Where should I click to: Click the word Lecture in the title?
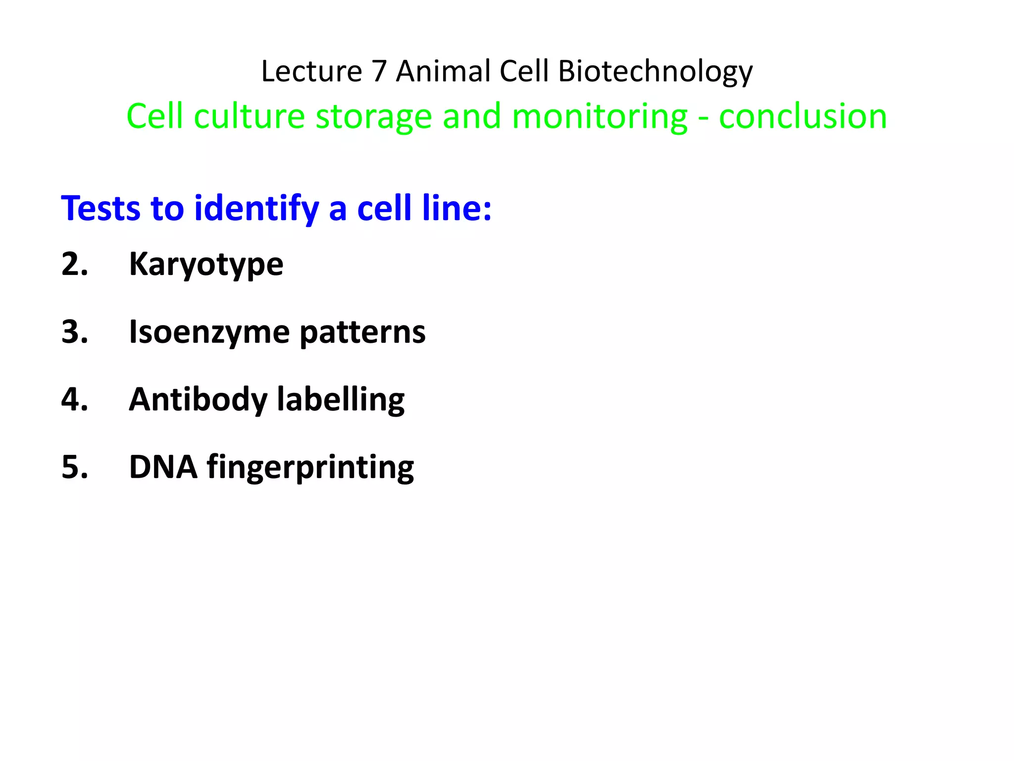(311, 71)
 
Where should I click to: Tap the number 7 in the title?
(379, 71)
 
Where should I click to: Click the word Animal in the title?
(443, 71)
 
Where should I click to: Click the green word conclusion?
(803, 117)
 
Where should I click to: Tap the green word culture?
(249, 117)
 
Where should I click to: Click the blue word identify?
(256, 209)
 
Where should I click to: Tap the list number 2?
(74, 264)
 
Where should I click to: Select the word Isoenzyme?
(209, 332)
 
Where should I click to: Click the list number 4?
(74, 399)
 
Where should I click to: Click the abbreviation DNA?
(163, 467)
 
